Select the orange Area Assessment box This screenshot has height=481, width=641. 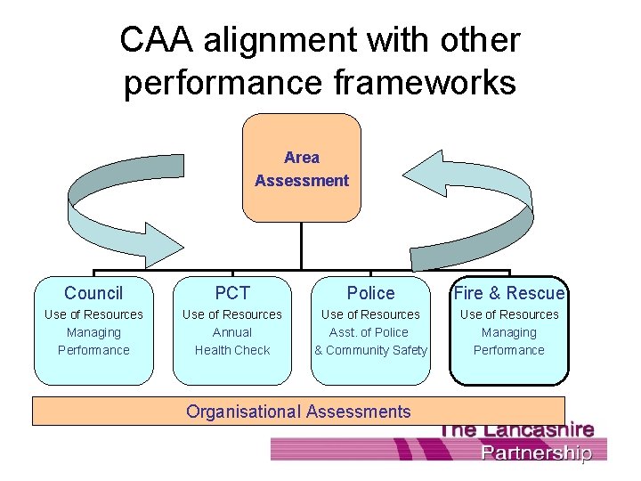coord(302,168)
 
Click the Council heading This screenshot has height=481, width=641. coord(93,293)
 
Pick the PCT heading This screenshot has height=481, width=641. coord(232,293)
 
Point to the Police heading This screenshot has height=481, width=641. coord(370,293)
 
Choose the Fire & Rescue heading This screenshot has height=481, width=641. coord(509,293)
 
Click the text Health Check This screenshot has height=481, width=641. coord(232,350)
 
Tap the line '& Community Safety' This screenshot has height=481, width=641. coord(370,350)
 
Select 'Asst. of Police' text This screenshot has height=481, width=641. coord(370,332)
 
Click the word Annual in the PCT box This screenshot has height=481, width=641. coord(232,332)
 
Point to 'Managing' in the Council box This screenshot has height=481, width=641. coord(93,332)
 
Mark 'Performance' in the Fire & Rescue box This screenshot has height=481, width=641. coord(509,350)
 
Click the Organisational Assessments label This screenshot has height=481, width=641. coord(298,412)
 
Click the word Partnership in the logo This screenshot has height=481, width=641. coord(536,452)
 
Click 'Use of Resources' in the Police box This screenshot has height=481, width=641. coord(370,314)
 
